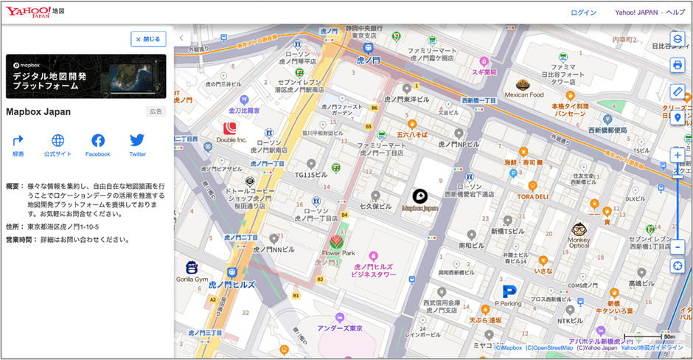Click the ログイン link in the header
[583, 13]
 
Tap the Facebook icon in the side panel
[97, 140]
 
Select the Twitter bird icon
[137, 140]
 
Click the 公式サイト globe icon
[58, 140]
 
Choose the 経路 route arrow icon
[18, 140]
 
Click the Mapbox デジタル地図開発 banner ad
[86, 76]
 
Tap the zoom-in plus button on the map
[678, 155]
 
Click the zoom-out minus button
[678, 246]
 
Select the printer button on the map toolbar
[678, 65]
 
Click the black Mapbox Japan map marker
[419, 196]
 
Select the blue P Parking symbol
[508, 292]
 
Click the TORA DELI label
[532, 197]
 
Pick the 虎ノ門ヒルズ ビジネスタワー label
[375, 270]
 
